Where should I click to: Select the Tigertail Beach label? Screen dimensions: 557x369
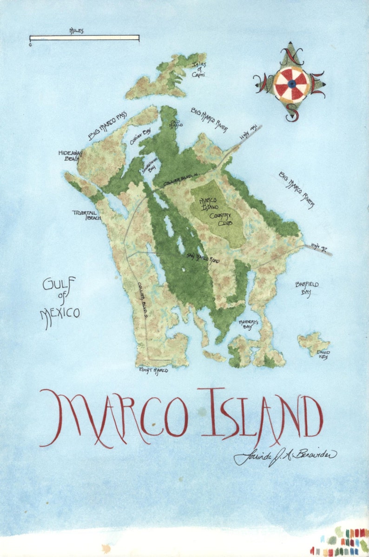pyautogui.click(x=86, y=215)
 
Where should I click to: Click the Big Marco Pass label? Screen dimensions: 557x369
pyautogui.click(x=107, y=126)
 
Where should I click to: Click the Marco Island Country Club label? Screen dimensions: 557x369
pyautogui.click(x=216, y=212)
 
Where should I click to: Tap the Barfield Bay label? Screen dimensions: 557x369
pyautogui.click(x=307, y=288)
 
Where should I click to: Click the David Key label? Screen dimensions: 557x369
pyautogui.click(x=323, y=354)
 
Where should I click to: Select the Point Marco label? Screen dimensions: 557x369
pyautogui.click(x=153, y=370)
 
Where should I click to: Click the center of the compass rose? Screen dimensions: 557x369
pyautogui.click(x=291, y=84)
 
